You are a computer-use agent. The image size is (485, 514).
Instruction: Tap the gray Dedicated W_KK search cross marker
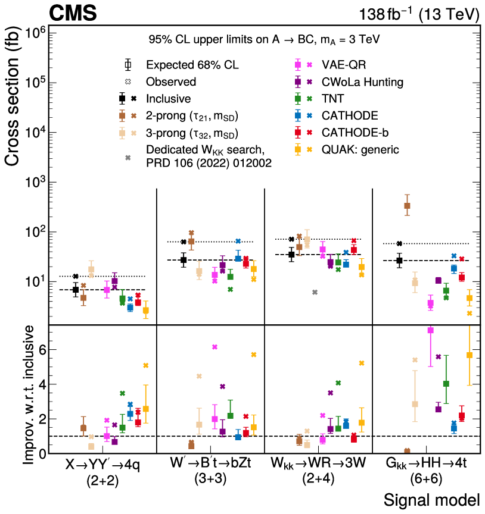[x=315, y=292]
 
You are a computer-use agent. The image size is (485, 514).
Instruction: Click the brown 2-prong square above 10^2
[x=407, y=206]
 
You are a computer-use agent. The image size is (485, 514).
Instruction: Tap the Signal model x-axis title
[x=432, y=500]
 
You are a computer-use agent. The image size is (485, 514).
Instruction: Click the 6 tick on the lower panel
[x=39, y=350]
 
